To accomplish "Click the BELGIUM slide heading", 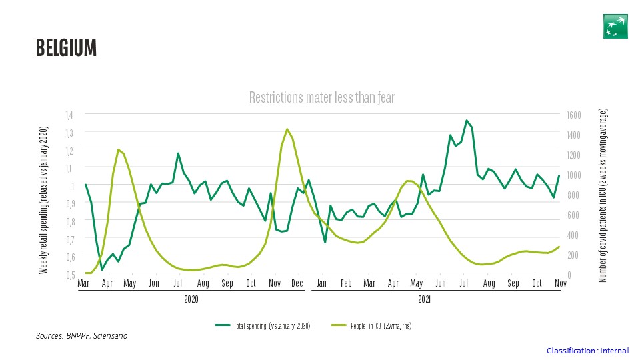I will (x=66, y=48).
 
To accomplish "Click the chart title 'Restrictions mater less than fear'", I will (x=322, y=98).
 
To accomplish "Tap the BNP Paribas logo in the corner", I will (x=615, y=25).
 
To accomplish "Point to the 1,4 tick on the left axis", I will (x=70, y=115).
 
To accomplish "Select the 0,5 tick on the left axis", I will (x=70, y=274).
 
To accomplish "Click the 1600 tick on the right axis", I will (x=574, y=115).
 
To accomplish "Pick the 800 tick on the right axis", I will (x=572, y=195).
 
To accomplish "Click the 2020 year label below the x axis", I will (x=191, y=299).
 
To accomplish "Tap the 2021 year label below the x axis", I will (x=425, y=299).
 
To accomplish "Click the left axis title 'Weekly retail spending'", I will (x=44, y=199).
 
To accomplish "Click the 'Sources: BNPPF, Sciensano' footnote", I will (x=81, y=336).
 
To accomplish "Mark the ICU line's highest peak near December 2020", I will (x=287, y=129).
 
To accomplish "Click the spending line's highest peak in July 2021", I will (x=467, y=121).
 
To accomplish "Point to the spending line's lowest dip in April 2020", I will (x=102, y=269).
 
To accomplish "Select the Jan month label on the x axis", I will (x=322, y=283).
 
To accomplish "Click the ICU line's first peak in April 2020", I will (x=119, y=150).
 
